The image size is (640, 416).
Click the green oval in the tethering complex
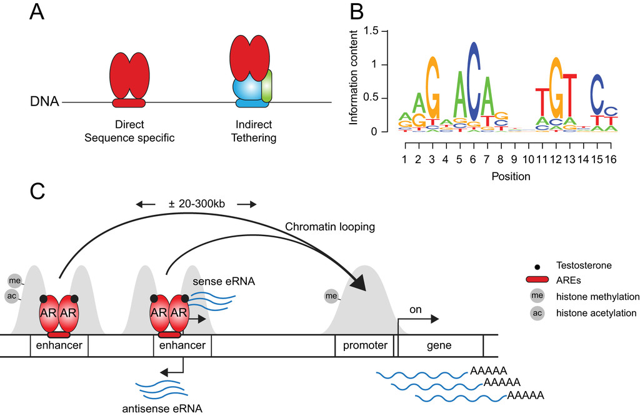click(x=267, y=86)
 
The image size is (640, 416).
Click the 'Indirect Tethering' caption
click(x=252, y=131)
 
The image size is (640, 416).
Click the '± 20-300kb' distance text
click(x=196, y=204)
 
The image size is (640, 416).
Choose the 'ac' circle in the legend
click(x=536, y=312)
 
